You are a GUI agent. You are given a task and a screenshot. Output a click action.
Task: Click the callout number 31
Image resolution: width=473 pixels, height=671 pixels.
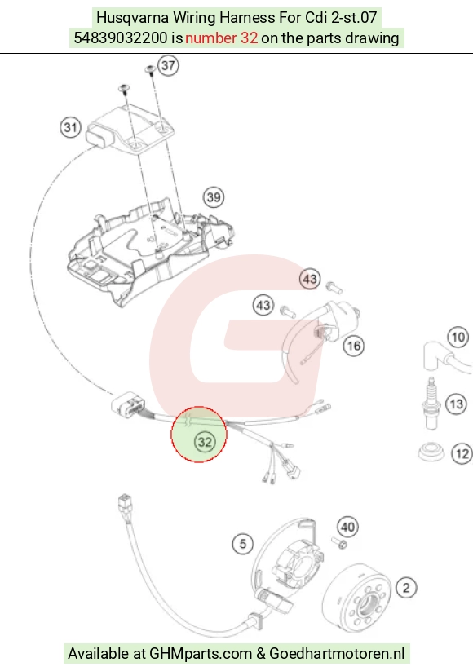pos(70,127)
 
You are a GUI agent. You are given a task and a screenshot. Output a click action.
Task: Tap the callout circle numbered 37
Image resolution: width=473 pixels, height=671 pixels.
pos(168,65)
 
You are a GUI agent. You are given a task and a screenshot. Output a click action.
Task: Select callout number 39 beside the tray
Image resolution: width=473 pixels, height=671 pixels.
pos(214,197)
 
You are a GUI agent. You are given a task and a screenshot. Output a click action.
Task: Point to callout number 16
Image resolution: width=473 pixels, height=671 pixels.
pos(354,346)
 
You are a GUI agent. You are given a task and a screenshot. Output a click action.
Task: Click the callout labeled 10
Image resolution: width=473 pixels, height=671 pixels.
pos(458,338)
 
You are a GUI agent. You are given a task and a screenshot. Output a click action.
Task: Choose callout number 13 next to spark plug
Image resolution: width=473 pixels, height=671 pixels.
pos(457,404)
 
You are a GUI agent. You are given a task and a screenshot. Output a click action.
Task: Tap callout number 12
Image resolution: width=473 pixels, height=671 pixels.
pos(462,453)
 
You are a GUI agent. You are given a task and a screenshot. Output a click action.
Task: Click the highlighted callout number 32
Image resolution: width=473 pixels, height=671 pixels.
pos(205,442)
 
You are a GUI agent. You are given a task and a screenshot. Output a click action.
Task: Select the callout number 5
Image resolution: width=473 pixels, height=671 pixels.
pos(243,544)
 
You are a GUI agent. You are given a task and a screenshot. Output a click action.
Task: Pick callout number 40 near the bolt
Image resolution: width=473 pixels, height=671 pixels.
pos(347,527)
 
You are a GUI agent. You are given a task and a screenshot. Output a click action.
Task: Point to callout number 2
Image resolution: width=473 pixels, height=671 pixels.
pos(406,588)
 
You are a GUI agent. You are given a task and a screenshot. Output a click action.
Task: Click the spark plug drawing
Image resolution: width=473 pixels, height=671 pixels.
pos(431,404)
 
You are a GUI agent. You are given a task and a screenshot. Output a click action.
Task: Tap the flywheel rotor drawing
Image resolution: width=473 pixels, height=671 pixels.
pos(356,598)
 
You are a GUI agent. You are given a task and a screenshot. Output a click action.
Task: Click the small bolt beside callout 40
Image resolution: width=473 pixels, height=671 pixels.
pos(338,543)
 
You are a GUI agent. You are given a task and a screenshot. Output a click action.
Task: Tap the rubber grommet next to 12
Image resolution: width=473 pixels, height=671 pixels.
pos(432,452)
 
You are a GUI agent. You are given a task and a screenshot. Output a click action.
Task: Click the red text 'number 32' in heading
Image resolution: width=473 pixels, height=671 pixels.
pos(221,38)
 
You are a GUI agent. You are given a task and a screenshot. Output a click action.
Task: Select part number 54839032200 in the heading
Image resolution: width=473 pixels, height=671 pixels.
pos(121,38)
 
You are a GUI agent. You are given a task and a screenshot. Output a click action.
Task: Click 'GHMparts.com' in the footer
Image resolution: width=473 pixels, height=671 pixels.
pos(201,654)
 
